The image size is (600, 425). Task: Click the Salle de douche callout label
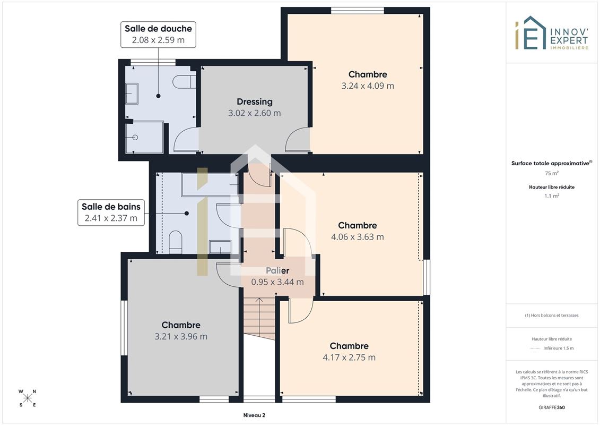coord(158,35)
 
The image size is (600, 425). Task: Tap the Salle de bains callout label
coord(111,212)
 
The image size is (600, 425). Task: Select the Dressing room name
coord(255,101)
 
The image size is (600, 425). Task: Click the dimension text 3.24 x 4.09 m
coord(368,86)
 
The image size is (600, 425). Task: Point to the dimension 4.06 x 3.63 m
coord(358,237)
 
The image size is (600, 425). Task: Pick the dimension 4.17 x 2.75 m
coord(349,358)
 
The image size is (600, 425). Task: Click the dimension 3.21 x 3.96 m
coord(181,336)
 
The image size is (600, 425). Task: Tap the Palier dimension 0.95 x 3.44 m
coord(277,282)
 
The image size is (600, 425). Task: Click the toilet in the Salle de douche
coord(184,82)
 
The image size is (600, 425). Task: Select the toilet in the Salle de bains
coord(175,242)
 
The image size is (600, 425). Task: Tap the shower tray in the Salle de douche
coord(144,137)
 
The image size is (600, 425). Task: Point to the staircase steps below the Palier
coord(259,318)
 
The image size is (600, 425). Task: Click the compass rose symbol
coord(28,398)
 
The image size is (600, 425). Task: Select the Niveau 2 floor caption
coord(254,415)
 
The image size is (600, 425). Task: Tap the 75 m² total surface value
coord(552,173)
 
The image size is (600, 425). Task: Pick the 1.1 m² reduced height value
coord(552,196)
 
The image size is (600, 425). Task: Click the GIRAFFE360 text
coord(552,407)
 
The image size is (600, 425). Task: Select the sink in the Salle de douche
coord(132,93)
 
